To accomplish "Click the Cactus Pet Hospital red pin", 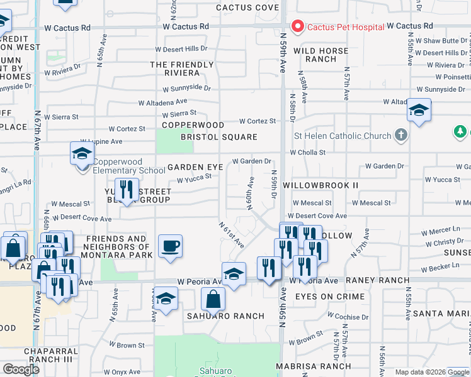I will coord(297,26).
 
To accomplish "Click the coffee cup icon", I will coord(170,246).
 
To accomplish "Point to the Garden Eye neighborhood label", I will coord(195,167).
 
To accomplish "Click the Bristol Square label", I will coord(218,137).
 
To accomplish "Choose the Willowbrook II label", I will coord(321,185).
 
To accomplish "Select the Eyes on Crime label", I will coord(329,297).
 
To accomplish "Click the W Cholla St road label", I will coord(307,152).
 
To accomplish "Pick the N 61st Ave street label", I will coord(231,234).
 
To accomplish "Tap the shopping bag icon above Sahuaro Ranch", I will coord(213,300).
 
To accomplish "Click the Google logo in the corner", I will coord(21,369).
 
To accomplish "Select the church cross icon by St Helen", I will coord(399,135).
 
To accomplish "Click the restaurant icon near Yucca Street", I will coord(127,189).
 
